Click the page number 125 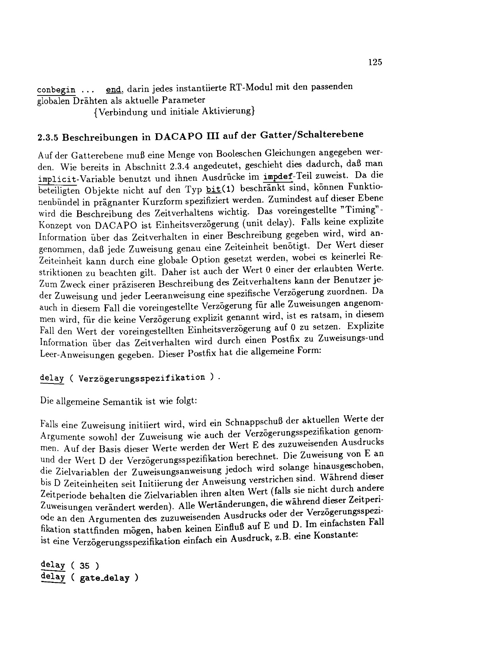[x=375, y=63]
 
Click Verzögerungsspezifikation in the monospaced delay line [x=141, y=378]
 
